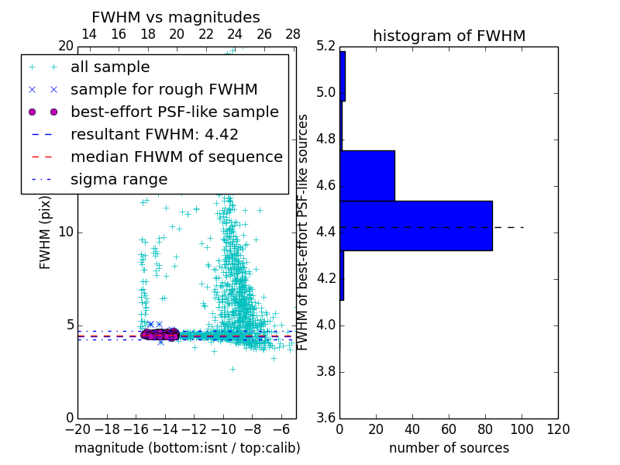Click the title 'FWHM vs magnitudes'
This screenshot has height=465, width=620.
click(x=176, y=17)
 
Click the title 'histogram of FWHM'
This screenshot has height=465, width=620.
click(x=449, y=36)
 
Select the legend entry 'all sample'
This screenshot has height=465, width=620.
click(x=110, y=67)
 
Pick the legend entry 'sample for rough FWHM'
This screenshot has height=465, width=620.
click(x=164, y=90)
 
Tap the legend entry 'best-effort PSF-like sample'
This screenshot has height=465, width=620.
click(x=174, y=112)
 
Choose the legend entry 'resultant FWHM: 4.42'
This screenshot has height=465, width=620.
click(x=154, y=135)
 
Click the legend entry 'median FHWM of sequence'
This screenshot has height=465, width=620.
click(x=176, y=157)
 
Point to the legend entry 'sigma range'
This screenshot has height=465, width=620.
click(x=119, y=180)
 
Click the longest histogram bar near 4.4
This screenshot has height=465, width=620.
click(x=416, y=226)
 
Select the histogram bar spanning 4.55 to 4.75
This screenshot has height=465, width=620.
click(x=367, y=176)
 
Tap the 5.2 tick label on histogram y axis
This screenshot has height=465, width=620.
click(x=326, y=46)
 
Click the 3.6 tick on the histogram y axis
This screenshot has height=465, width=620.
click(x=326, y=418)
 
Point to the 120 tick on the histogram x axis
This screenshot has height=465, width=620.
click(x=558, y=429)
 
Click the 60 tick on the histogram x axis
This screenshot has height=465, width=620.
click(x=449, y=429)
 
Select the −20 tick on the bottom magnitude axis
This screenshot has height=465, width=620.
click(x=77, y=429)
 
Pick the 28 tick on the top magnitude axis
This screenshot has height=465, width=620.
click(x=293, y=34)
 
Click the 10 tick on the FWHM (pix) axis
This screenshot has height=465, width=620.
click(x=66, y=232)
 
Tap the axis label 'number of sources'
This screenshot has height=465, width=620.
click(x=449, y=448)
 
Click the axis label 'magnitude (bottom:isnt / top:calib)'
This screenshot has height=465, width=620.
click(x=187, y=448)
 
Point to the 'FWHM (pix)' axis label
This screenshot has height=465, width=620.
click(x=46, y=232)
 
